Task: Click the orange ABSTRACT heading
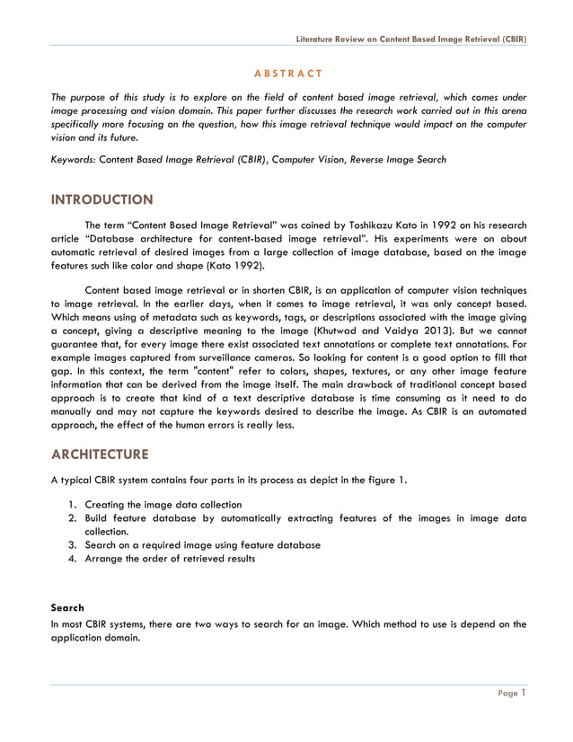286,72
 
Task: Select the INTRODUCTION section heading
101,199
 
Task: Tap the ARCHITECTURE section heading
100,453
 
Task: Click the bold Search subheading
68,608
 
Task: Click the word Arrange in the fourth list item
106,559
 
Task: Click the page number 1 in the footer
523,693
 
